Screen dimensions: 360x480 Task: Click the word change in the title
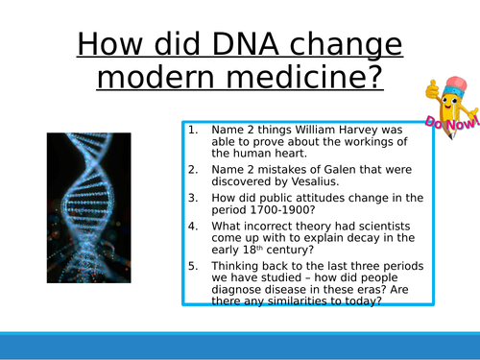tap(337, 44)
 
